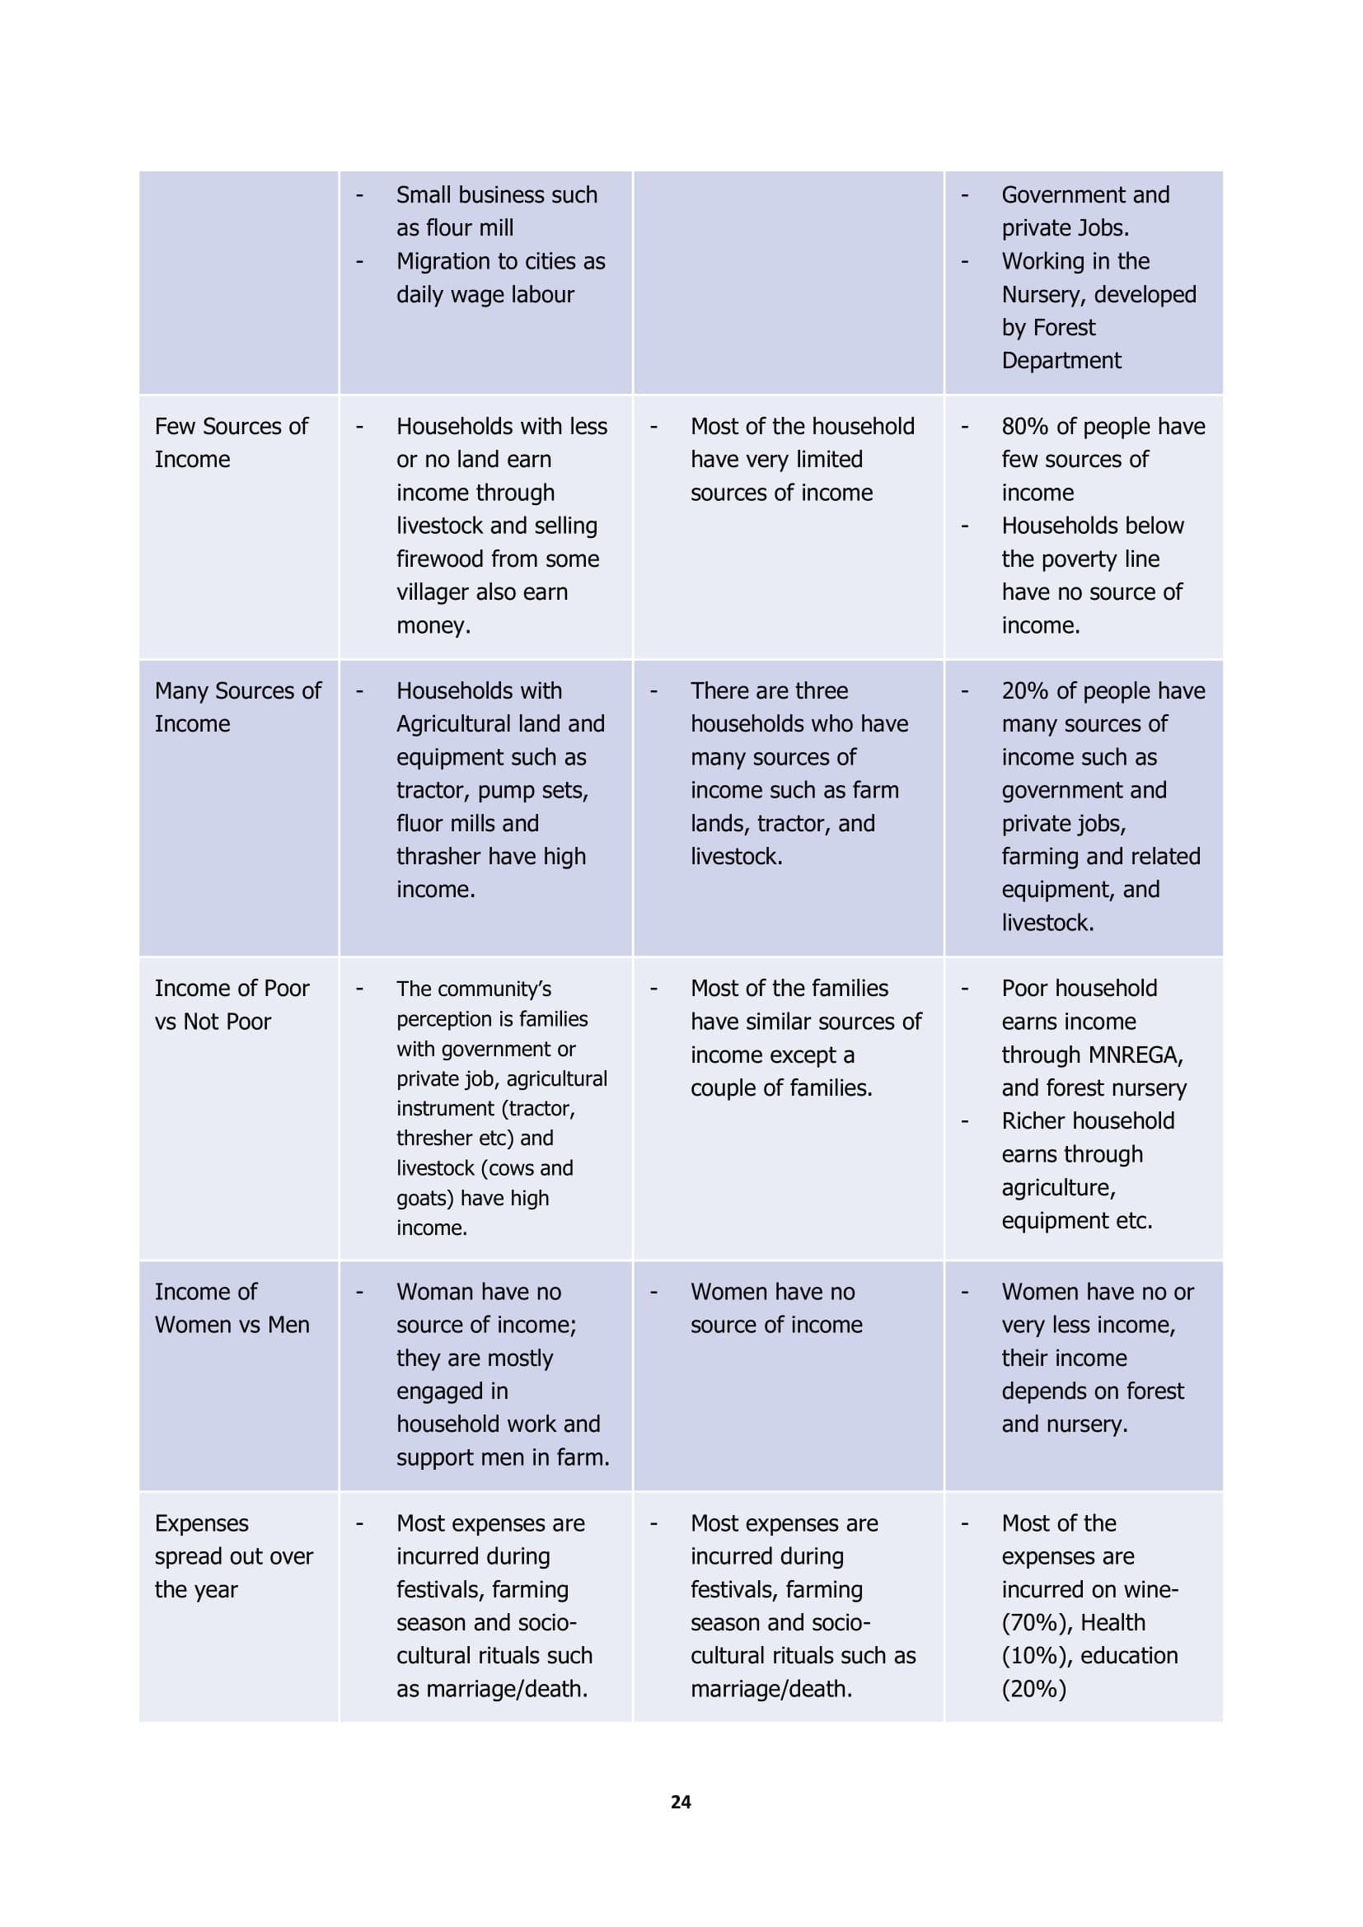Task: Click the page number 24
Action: point(681,1802)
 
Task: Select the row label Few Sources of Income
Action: point(231,443)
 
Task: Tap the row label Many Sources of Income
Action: point(237,707)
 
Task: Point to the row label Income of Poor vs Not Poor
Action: point(232,1004)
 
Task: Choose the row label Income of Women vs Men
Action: point(232,1307)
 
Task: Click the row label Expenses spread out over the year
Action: point(233,1556)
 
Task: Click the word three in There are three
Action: point(821,690)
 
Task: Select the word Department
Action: point(1061,361)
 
